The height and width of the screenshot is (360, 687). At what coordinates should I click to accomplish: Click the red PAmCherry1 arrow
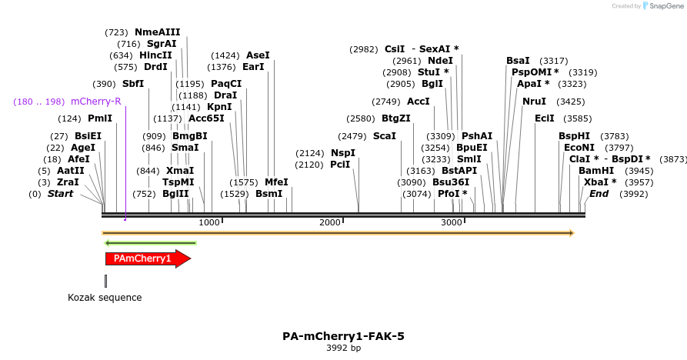click(x=147, y=258)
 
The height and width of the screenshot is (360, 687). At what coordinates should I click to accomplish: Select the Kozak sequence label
click(x=105, y=298)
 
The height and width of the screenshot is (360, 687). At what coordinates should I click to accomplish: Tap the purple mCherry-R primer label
click(x=95, y=102)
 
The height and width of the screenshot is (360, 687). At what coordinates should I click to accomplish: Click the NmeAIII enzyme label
click(x=157, y=32)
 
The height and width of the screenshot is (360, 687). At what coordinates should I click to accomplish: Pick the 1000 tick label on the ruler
click(x=209, y=222)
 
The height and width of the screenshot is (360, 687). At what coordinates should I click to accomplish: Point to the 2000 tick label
click(x=330, y=222)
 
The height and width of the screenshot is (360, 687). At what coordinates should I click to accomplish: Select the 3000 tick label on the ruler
click(x=451, y=222)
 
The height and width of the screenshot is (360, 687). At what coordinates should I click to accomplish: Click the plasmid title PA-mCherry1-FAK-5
click(x=343, y=336)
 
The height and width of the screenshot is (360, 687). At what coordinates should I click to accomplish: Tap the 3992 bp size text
click(x=343, y=348)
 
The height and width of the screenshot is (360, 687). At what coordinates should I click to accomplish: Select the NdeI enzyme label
click(x=440, y=61)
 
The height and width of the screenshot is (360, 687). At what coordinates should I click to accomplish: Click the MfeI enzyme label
click(x=276, y=182)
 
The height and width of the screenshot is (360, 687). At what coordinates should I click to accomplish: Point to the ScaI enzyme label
click(x=384, y=136)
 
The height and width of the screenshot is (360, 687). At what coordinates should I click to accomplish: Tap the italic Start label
click(x=60, y=194)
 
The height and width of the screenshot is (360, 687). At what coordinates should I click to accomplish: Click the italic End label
click(x=599, y=194)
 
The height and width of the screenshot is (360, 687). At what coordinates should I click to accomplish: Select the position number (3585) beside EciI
click(x=578, y=118)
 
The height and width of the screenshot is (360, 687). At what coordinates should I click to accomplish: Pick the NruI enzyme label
click(x=534, y=102)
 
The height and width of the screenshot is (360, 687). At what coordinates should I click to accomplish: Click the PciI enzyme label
click(x=340, y=165)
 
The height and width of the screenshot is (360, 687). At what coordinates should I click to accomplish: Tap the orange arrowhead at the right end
click(x=571, y=233)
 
